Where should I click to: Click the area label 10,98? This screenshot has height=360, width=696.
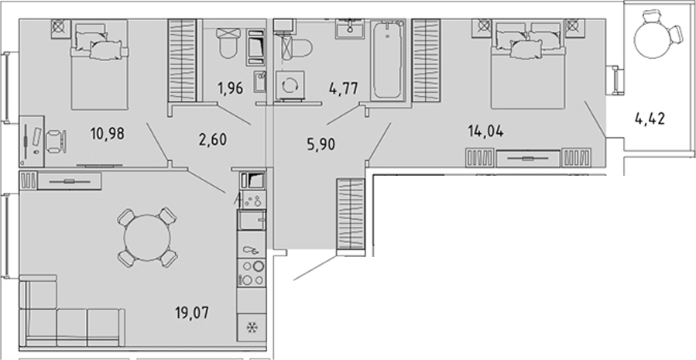(107, 132)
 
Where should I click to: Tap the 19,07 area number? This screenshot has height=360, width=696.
(192, 312)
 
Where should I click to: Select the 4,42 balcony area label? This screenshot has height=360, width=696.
(650, 119)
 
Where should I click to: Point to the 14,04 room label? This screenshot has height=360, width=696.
(486, 131)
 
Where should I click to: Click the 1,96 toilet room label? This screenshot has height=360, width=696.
(231, 88)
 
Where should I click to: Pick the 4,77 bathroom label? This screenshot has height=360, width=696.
(344, 87)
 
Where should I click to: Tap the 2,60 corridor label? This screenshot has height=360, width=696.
(211, 139)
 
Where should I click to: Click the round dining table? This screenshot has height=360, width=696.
(147, 238)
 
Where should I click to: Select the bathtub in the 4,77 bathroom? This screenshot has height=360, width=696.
(388, 60)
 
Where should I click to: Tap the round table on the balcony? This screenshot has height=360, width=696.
(651, 39)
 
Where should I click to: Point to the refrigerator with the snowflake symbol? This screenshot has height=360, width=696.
(252, 328)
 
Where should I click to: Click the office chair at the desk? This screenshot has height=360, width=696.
(57, 141)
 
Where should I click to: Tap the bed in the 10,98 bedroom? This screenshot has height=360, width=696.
(99, 64)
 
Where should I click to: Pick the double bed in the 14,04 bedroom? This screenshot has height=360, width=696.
(528, 64)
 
